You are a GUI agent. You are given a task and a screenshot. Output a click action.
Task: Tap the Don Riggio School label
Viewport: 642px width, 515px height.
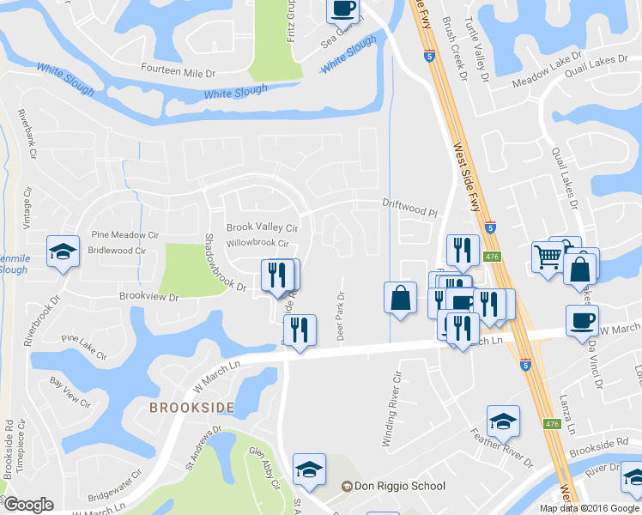[393, 487]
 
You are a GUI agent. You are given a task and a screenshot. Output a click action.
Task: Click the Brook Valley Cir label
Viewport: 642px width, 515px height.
[262, 228]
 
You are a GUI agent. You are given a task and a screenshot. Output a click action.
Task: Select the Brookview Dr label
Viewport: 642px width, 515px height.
[148, 297]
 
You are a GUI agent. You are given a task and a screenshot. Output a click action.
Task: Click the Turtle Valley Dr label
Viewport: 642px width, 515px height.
[475, 46]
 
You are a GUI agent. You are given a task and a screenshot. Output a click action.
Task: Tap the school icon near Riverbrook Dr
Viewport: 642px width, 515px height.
[63, 251]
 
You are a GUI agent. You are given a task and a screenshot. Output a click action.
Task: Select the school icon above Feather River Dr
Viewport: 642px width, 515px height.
[503, 421]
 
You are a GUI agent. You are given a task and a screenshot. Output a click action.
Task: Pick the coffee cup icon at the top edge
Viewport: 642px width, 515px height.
[342, 9]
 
